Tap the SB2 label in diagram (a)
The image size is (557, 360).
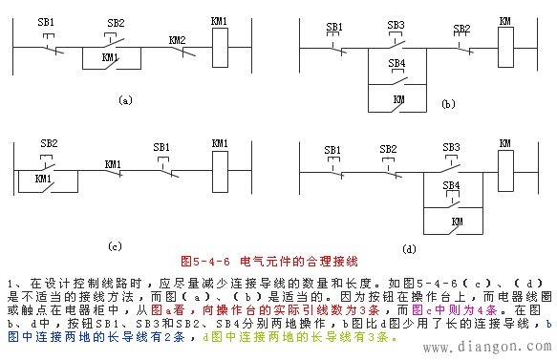pos(116,22)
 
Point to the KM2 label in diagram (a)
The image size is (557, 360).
pos(177,40)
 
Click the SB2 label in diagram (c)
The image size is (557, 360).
pos(50,143)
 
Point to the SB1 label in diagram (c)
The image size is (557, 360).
pos(162,147)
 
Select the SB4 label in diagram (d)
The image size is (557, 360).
pos(451,184)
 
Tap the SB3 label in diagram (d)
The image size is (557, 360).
pos(451,147)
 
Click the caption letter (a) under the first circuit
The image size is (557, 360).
pos(124,98)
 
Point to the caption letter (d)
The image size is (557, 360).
pos(409,249)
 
